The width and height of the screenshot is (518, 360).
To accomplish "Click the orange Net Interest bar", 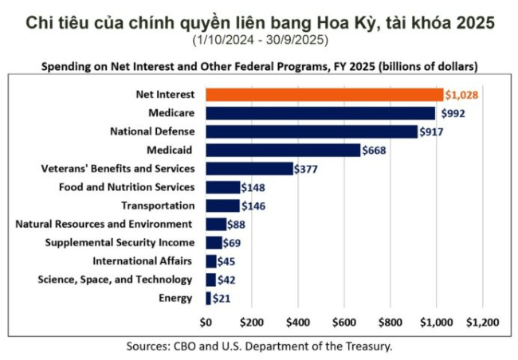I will [324, 95].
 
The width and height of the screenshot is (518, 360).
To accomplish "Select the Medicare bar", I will [320, 113].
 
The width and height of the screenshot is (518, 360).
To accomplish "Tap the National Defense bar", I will [311, 131].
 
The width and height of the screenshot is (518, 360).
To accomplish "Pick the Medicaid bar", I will [283, 150].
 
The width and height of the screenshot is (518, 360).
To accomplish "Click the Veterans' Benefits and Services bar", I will [249, 168].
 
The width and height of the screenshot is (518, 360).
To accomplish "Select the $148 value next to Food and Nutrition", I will [253, 187].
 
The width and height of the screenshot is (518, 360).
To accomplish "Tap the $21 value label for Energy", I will [221, 299].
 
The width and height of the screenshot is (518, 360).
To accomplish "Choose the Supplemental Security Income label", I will [119, 242].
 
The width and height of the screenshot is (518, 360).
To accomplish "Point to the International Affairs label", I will [142, 261].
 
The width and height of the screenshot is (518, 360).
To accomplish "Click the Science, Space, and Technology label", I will [115, 280].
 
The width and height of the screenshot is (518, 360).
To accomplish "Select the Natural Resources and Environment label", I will [104, 224].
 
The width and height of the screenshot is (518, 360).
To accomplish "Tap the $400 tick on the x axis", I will [297, 323].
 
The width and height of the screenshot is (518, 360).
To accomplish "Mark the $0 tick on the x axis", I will [206, 323].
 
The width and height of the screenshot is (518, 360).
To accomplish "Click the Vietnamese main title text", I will [259, 22].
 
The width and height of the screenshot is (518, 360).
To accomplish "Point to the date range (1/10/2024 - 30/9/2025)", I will [259, 40].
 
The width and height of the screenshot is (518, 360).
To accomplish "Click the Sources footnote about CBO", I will [259, 346].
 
